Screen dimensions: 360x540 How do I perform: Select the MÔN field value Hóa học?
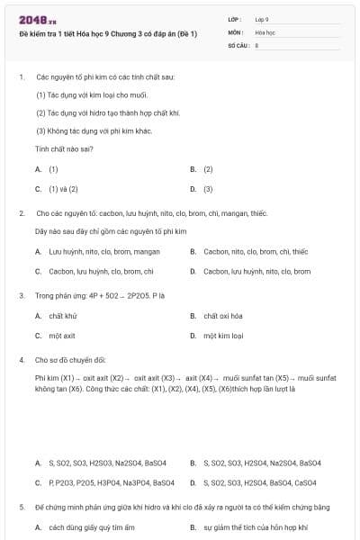(x=264, y=31)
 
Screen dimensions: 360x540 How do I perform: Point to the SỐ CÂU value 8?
(x=257, y=44)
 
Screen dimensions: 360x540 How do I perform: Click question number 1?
(x=21, y=77)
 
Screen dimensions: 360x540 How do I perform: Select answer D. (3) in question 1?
(x=202, y=189)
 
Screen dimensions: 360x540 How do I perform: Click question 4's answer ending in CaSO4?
(x=256, y=482)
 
